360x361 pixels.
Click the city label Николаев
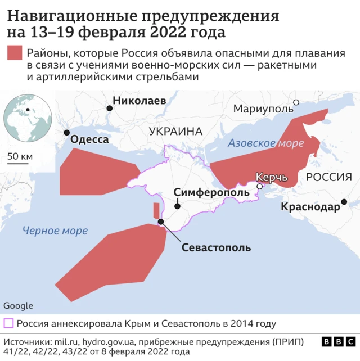tap(139, 101)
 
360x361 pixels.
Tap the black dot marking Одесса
tap(67, 133)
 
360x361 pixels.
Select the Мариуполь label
tap(260, 108)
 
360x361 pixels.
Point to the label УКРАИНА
tap(175, 132)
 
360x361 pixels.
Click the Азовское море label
tap(265, 143)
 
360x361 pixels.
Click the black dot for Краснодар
tap(344, 202)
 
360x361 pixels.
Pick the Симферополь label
tap(211, 192)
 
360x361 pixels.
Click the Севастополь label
tap(216, 247)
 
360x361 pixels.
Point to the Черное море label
tap(55, 231)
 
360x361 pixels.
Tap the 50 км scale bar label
tap(21, 156)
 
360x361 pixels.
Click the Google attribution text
tap(18, 306)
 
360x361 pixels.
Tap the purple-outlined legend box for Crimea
tap(9, 323)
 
